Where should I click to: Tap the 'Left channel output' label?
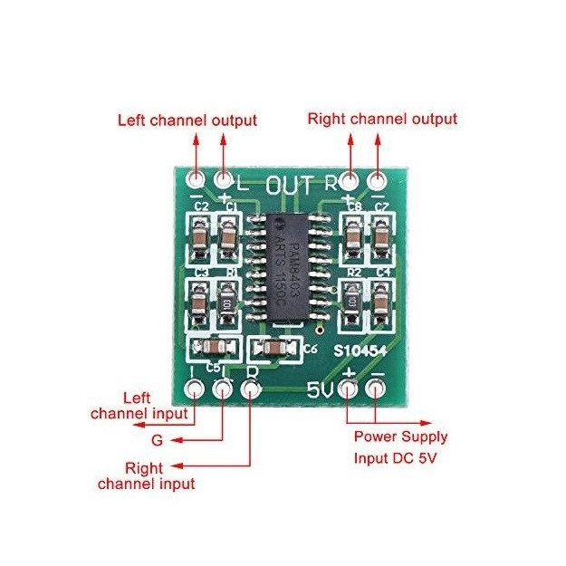(x=187, y=120)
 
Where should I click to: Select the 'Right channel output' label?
(x=382, y=119)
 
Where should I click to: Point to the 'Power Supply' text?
(x=399, y=436)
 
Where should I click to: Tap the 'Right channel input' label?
(x=147, y=476)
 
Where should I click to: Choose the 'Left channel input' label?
(x=142, y=406)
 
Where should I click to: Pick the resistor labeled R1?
(x=225, y=300)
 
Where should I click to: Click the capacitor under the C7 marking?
(x=382, y=238)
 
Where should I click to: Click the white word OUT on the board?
(x=289, y=184)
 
